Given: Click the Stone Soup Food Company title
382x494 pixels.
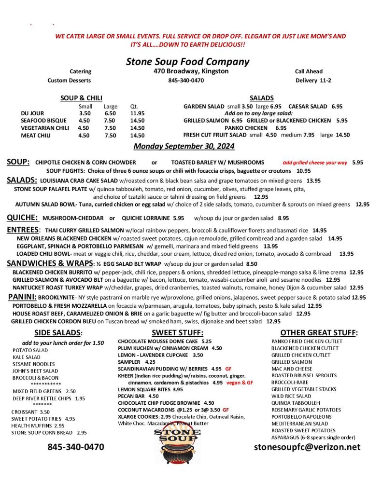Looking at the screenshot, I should pyautogui.click(x=187, y=62).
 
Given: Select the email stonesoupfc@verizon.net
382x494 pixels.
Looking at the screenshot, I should pyautogui.click(x=307, y=447).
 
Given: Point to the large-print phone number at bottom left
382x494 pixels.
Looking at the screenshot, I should pyautogui.click(x=75, y=447).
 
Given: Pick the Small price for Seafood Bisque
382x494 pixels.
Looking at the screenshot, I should pyautogui.click(x=84, y=121).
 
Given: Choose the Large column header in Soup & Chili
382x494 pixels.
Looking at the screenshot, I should pyautogui.click(x=110, y=106).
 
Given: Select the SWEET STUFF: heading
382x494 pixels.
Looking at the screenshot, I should pyautogui.click(x=177, y=332).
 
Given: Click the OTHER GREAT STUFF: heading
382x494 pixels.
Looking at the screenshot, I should pyautogui.click(x=319, y=332).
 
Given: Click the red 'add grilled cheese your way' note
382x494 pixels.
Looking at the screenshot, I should pyautogui.click(x=315, y=163).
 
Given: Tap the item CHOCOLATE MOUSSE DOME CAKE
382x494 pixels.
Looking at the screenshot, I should pyautogui.click(x=158, y=341).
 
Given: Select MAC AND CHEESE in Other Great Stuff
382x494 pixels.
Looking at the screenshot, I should pyautogui.click(x=291, y=369).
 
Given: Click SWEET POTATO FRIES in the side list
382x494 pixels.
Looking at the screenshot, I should pyautogui.click(x=37, y=419).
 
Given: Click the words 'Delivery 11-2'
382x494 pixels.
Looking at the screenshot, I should pyautogui.click(x=313, y=80).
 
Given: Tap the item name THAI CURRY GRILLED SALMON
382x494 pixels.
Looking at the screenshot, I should pyautogui.click(x=84, y=230).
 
